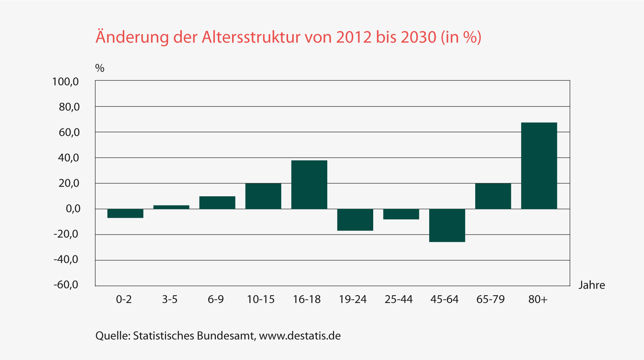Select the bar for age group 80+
(x=539, y=166)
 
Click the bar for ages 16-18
(x=309, y=184)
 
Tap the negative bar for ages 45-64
(x=447, y=225)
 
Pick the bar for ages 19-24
(x=355, y=220)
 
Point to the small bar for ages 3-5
(x=171, y=207)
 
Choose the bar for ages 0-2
(x=125, y=213)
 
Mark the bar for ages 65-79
(x=493, y=196)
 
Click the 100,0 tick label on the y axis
(x=66, y=81)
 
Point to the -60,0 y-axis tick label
(x=66, y=285)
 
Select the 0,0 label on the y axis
(x=73, y=209)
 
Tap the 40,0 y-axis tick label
(x=69, y=158)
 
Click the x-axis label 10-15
(x=261, y=299)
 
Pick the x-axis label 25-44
(x=399, y=299)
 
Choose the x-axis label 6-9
(x=216, y=299)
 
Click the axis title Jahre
(x=591, y=285)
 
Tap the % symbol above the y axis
(x=100, y=68)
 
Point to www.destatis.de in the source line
(x=300, y=336)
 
